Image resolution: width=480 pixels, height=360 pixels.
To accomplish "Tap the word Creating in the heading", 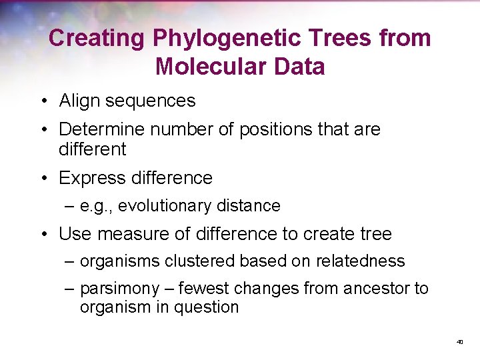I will [96, 38].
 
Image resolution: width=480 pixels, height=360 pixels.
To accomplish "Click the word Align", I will [77, 101].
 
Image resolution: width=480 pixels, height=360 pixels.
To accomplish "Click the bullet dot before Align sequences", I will [43, 101].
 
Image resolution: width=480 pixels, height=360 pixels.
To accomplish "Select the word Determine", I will [102, 129].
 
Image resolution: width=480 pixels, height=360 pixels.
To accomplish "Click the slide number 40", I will [459, 342].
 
